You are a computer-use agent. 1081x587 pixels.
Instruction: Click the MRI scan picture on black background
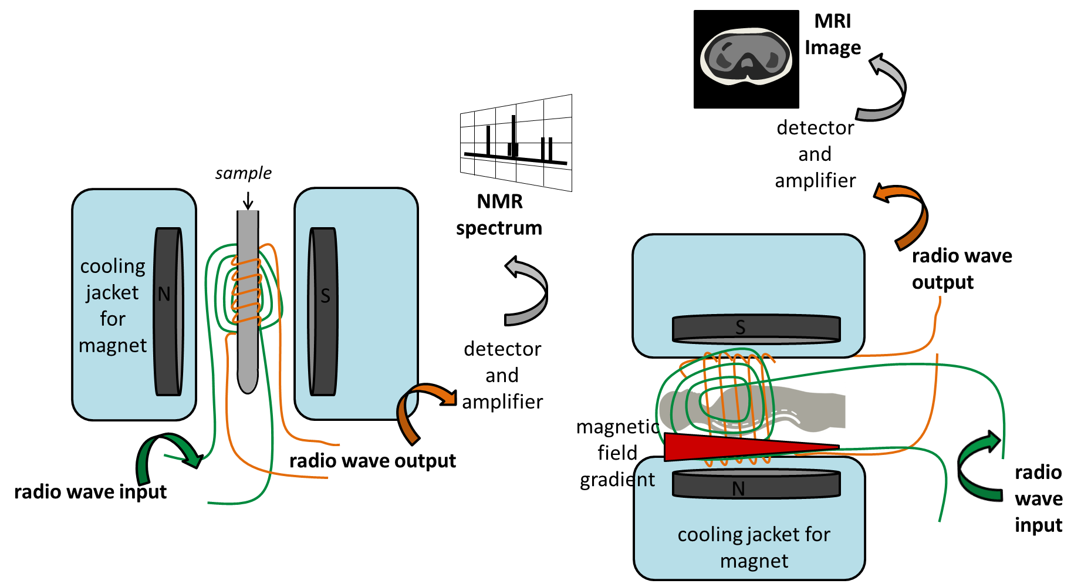coord(746,59)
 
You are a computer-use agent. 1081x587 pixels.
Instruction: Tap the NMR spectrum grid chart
coord(516,143)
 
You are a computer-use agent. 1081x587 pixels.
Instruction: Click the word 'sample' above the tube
coord(243,173)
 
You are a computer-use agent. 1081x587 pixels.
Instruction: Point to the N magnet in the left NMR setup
coord(168,311)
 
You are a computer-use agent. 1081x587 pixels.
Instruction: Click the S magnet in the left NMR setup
coord(323,311)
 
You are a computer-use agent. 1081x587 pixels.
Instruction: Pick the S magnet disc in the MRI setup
coord(756,329)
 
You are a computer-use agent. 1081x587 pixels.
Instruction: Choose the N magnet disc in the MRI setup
coord(756,485)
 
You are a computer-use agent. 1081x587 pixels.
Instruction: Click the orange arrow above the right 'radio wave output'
coord(907,214)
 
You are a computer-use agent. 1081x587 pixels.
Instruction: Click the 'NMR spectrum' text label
coord(499,214)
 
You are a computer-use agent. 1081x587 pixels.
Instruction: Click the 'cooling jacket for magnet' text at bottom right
coord(754,547)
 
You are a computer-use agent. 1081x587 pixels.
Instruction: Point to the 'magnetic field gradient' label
coord(617,453)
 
